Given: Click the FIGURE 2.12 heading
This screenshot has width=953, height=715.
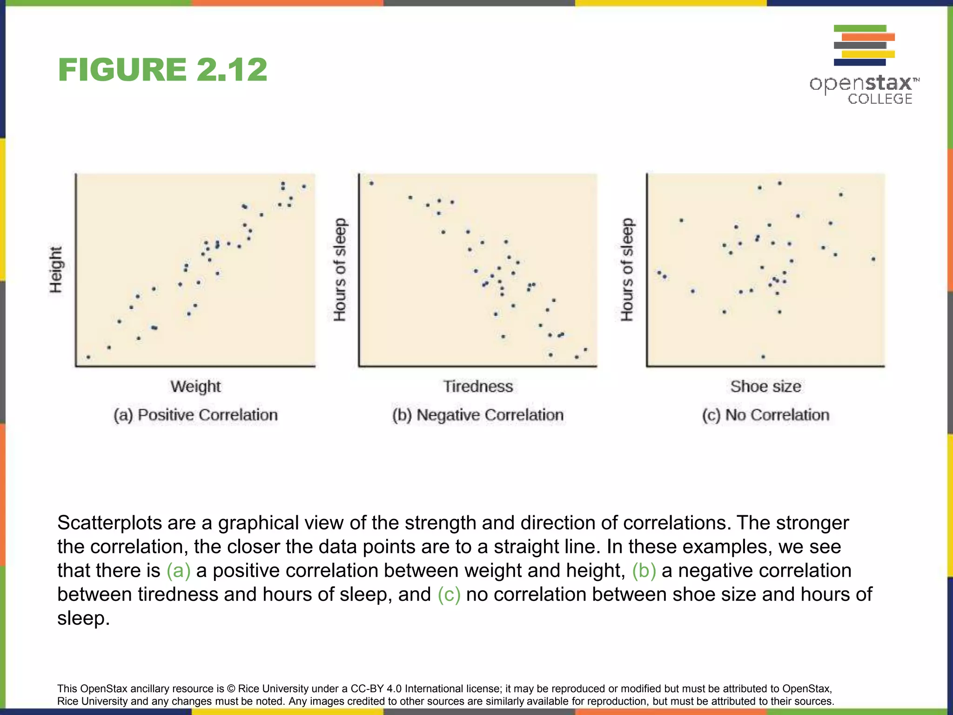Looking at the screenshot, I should [x=162, y=70].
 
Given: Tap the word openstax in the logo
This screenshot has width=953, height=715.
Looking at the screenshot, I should [x=861, y=84].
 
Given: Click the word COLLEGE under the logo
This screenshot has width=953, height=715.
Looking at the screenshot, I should [x=879, y=99].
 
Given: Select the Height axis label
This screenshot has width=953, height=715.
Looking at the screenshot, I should [x=56, y=270].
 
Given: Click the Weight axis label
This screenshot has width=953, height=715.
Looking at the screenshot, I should [x=195, y=386].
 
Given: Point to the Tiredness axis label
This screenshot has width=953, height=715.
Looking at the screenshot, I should [x=478, y=386].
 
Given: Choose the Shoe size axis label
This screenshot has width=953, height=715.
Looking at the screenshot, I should [x=765, y=386].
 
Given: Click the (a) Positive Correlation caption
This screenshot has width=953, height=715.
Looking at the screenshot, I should [x=195, y=415].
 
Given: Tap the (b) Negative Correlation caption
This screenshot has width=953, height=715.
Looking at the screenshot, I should [x=478, y=415].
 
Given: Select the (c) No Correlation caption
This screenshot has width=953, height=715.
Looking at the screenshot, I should [x=765, y=415].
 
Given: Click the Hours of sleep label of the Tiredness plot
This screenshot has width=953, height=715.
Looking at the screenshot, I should [x=340, y=270].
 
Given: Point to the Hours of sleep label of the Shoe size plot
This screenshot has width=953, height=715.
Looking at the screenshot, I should [x=627, y=270].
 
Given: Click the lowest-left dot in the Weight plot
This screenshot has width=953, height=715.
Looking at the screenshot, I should [x=88, y=357].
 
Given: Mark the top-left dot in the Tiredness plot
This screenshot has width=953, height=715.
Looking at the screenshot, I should [x=371, y=183].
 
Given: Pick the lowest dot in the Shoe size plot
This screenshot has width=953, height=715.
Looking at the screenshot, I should [x=763, y=357].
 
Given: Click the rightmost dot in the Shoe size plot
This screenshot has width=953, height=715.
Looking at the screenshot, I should [x=873, y=259].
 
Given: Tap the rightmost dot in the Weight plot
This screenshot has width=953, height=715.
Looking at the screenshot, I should [x=304, y=187].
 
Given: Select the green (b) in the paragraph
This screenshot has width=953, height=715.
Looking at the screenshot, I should [x=644, y=571].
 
